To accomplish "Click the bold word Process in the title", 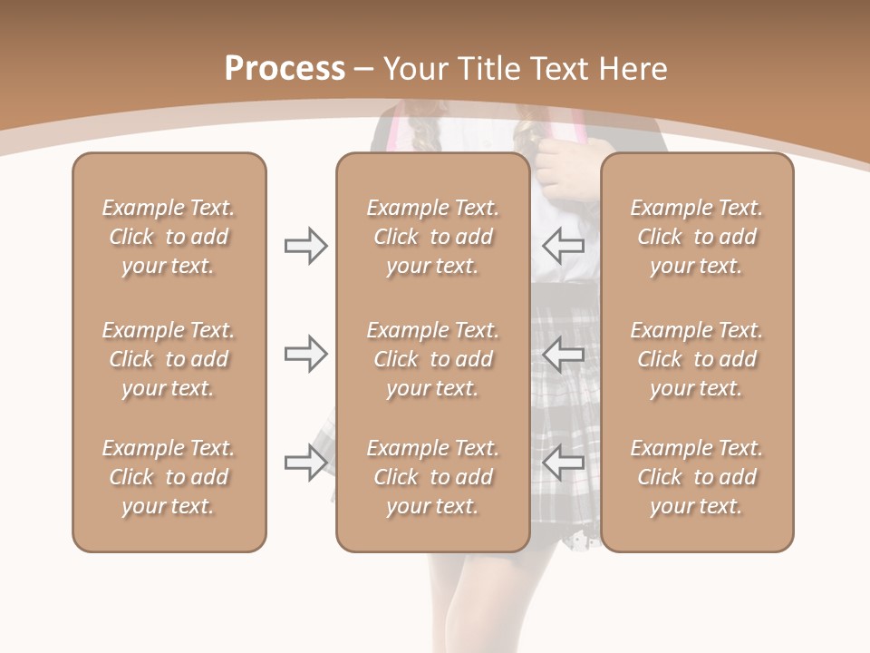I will click(285, 69).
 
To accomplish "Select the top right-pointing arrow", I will click(305, 246).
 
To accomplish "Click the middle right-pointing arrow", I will click(305, 354).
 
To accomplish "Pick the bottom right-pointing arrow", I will click(305, 463).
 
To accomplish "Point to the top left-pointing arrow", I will click(564, 246).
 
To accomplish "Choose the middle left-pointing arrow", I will click(564, 354).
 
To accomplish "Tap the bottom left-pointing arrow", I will click(564, 463).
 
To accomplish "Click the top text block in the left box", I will click(169, 237).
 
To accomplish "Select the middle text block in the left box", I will click(169, 359).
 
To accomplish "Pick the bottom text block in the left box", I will click(169, 477).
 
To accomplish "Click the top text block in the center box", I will click(432, 237).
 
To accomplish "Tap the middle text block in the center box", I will click(432, 359).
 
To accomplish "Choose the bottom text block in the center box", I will click(432, 477).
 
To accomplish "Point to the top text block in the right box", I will click(696, 237).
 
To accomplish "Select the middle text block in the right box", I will click(696, 359).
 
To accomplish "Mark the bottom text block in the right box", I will click(696, 477).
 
